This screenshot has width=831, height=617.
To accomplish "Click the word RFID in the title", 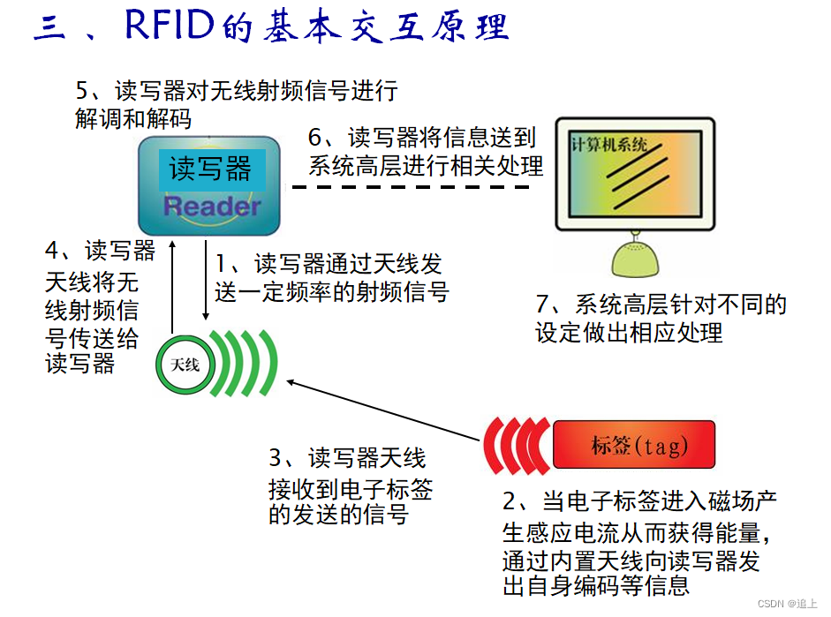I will click(170, 26).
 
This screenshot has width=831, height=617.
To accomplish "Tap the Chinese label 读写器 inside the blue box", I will click(210, 169).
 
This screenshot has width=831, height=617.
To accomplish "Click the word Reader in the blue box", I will click(212, 207).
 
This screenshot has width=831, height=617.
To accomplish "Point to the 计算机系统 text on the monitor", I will click(609, 144).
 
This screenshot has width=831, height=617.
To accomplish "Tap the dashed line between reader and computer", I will click(415, 186).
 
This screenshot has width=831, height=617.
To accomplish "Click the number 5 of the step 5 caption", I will click(83, 90).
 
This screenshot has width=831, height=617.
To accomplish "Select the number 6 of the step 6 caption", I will click(315, 138).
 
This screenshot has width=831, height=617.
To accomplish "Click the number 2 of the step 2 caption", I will click(510, 501).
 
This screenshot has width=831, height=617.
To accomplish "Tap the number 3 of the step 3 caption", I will click(276, 458).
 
